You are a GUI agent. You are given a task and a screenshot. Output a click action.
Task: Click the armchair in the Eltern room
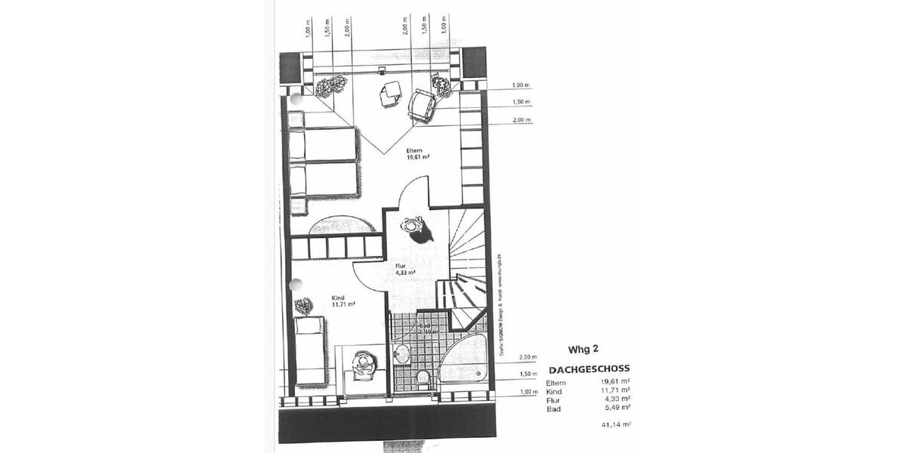(422, 105)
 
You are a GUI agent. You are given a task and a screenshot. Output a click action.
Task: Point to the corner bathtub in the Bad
(464, 365)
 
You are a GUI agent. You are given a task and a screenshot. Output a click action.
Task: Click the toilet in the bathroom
(423, 377)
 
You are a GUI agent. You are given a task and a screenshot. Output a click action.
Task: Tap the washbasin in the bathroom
(401, 352)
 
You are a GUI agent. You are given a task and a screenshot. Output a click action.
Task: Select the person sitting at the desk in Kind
(364, 363)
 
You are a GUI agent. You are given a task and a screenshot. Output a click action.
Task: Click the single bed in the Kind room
(309, 350)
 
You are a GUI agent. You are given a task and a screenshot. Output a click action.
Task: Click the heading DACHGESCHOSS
(589, 369)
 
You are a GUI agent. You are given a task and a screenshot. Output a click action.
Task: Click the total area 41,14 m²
(616, 425)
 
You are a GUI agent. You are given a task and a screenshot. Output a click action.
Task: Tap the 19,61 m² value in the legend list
(615, 383)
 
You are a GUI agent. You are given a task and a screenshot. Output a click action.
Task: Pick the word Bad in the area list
(553, 408)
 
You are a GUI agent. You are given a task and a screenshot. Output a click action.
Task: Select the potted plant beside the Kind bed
(303, 307)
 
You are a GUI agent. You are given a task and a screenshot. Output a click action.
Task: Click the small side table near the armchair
(391, 94)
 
